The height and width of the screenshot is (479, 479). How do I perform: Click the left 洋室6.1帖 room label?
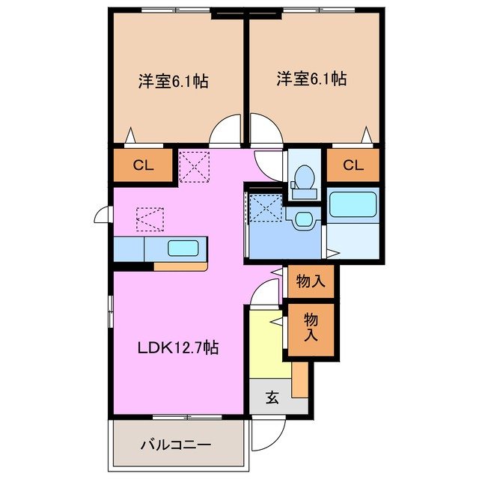(x=173, y=80)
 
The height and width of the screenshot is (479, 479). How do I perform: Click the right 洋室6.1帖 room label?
(x=311, y=78)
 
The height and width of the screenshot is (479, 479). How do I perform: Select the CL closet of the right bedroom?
(x=353, y=165)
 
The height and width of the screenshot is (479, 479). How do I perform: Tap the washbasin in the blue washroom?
(x=303, y=219)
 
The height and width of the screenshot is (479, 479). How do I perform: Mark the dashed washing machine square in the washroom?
(x=265, y=207)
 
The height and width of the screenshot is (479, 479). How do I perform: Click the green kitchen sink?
(x=184, y=248)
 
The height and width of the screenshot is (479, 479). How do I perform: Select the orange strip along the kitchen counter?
(x=180, y=265)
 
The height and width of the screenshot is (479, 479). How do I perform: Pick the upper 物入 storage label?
(x=310, y=282)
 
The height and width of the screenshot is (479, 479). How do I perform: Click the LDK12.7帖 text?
(x=177, y=347)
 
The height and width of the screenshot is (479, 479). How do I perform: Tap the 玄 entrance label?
(x=272, y=398)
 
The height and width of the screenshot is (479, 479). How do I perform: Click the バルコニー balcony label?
(x=176, y=445)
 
